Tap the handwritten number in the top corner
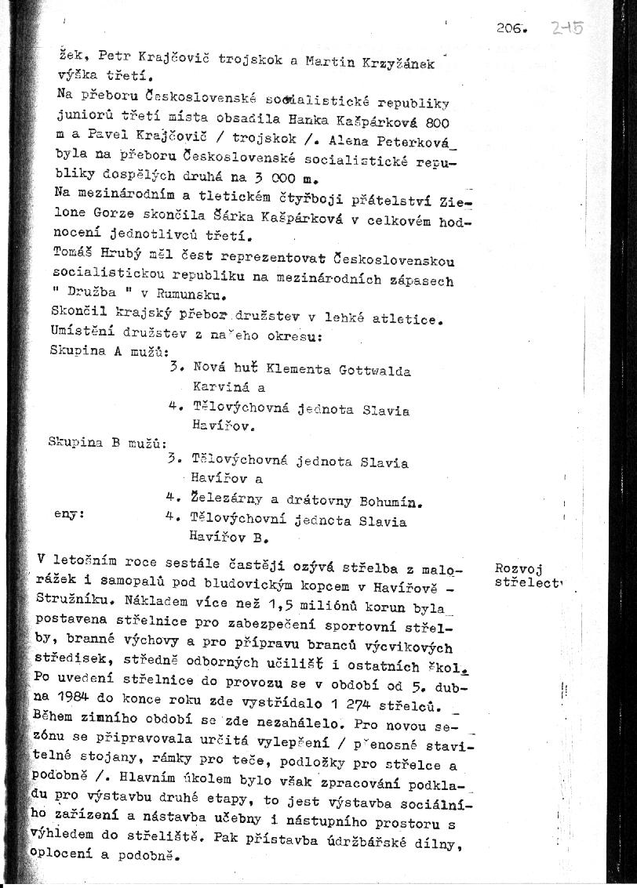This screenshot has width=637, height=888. tap(566, 28)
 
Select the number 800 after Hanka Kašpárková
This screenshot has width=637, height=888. tap(436, 122)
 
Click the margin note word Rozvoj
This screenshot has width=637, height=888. tap(519, 569)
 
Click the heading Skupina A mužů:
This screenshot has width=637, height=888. tap(108, 350)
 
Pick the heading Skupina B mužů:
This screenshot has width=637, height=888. tap(106, 442)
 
